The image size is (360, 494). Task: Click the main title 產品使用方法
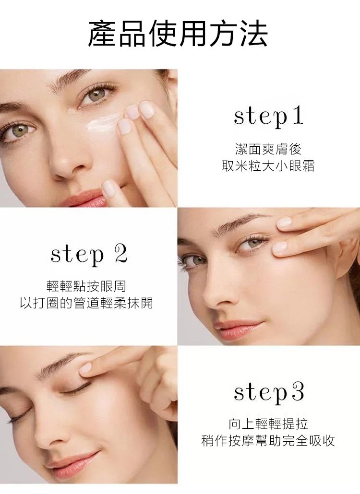point(178,34)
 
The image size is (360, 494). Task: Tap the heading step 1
point(268,117)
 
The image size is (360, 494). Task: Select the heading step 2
point(89,255)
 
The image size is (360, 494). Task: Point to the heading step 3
point(269,392)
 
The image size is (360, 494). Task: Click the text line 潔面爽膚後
point(268,149)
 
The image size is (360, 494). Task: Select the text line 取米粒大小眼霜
point(268,166)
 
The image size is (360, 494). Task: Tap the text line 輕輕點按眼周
point(86,286)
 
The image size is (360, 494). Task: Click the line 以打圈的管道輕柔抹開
point(86,303)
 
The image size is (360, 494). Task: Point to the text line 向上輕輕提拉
point(268,424)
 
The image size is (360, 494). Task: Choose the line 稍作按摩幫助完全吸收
point(268,441)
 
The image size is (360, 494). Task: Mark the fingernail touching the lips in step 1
point(109,187)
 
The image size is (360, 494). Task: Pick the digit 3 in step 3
point(298,392)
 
